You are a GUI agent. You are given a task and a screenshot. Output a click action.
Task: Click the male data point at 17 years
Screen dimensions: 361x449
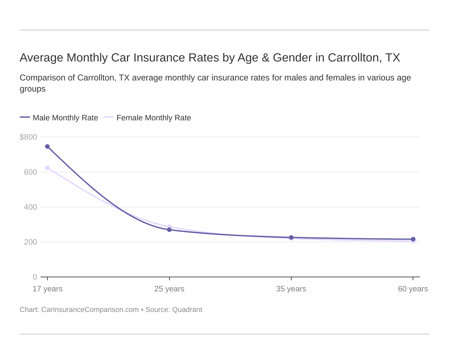[x=47, y=146]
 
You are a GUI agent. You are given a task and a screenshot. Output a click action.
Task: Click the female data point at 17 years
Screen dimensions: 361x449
[x=47, y=168]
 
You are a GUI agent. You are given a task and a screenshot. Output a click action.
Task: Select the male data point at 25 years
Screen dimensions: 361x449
[x=169, y=230]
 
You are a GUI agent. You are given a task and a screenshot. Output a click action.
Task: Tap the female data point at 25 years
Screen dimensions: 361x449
[x=169, y=226]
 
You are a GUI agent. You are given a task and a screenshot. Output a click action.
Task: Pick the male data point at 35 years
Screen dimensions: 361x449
[x=291, y=237]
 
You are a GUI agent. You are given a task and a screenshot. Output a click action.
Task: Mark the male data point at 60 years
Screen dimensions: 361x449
[x=413, y=239]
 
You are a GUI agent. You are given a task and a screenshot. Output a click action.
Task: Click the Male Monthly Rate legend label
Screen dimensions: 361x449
[x=65, y=118]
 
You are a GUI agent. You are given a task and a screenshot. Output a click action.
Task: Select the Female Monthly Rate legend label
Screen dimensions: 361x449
[x=153, y=118]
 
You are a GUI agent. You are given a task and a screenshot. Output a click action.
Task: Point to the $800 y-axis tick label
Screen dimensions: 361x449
[x=28, y=137]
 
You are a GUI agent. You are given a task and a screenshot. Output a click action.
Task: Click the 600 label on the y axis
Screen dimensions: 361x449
[x=30, y=172]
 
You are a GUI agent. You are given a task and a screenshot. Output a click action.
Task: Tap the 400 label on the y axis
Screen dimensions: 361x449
[x=30, y=207]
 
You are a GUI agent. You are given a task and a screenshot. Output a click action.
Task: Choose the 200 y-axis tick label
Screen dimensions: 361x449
[x=30, y=242]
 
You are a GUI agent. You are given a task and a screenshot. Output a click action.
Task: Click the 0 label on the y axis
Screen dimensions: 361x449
[x=35, y=277]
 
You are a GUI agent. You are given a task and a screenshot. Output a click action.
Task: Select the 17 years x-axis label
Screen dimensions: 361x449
[x=47, y=289]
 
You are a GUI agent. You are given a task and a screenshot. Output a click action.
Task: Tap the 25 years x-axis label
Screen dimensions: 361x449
[x=169, y=289]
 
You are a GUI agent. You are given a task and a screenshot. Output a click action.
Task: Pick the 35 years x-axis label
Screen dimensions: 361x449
[x=291, y=289]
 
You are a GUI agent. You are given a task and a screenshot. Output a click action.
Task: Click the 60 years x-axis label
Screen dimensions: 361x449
[x=413, y=289]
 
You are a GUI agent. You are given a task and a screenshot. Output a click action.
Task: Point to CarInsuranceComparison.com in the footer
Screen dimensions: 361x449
[x=90, y=310]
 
